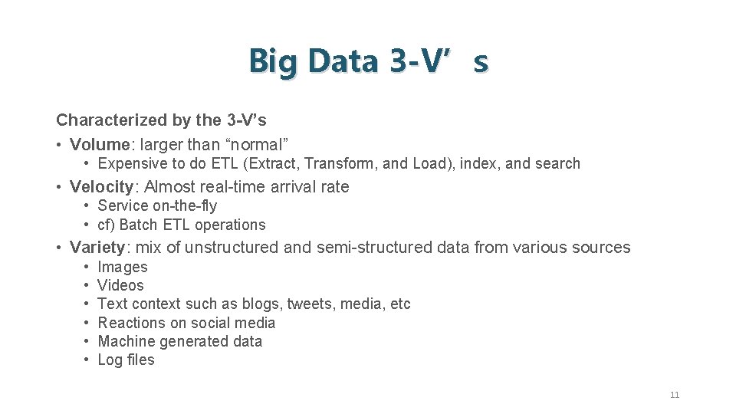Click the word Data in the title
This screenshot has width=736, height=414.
tap(343, 61)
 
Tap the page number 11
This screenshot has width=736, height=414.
tap(675, 395)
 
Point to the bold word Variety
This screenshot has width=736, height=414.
tap(97, 247)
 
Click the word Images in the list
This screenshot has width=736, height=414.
tap(123, 267)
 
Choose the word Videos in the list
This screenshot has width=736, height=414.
tap(120, 285)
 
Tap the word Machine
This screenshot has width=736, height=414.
tap(127, 341)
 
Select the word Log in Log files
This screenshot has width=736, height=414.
tap(110, 360)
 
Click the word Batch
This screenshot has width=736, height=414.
tap(138, 225)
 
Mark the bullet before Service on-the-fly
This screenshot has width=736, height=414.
tap(88, 205)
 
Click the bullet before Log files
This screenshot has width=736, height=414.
tap(88, 360)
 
